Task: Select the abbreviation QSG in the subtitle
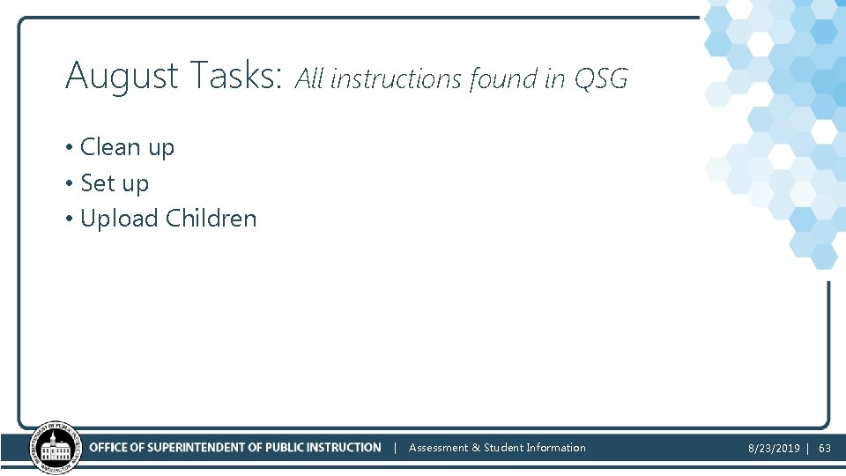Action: (600, 79)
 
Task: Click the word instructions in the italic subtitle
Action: (396, 79)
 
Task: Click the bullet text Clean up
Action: (127, 147)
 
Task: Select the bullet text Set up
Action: (115, 183)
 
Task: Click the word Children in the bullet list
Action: (211, 219)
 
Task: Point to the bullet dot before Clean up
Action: (69, 147)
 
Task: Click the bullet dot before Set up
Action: (69, 183)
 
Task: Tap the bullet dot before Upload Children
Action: (69, 219)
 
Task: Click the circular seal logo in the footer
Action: (55, 449)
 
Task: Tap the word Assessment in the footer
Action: (438, 448)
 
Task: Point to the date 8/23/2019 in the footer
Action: (774, 449)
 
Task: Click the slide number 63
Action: (825, 449)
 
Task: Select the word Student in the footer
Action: (503, 448)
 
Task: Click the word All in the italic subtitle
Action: (308, 79)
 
